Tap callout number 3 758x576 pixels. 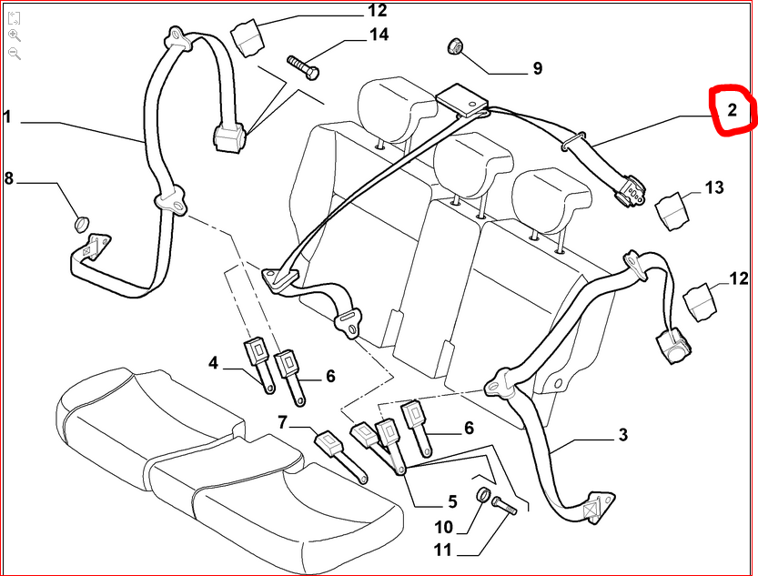point(622,435)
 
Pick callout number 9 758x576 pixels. point(537,68)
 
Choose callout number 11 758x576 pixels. point(442,550)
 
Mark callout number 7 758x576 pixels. point(282,421)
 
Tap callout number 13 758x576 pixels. point(714,188)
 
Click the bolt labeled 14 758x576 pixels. point(302,66)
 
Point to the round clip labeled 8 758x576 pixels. point(81,221)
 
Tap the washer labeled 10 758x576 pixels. point(484,496)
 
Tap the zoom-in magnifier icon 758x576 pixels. point(15,35)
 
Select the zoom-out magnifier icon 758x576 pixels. point(15,54)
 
